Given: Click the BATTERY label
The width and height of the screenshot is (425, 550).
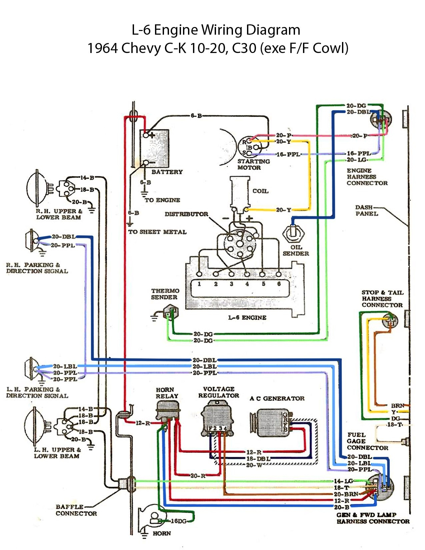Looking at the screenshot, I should click(x=167, y=172).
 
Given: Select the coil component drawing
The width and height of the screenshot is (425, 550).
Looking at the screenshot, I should click(x=240, y=192).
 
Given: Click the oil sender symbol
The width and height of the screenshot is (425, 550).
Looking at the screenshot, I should click(x=293, y=233).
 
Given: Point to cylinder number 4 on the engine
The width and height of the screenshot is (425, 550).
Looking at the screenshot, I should click(x=247, y=284).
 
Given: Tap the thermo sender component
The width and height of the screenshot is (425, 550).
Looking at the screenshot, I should click(x=171, y=313).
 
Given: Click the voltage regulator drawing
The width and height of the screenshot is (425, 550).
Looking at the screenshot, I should click(x=218, y=418).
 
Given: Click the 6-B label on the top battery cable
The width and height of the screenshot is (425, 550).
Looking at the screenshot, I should click(x=196, y=116).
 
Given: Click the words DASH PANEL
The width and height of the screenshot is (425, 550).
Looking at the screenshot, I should click(x=366, y=210).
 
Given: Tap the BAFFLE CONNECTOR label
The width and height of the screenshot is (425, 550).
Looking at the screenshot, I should click(x=76, y=510).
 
